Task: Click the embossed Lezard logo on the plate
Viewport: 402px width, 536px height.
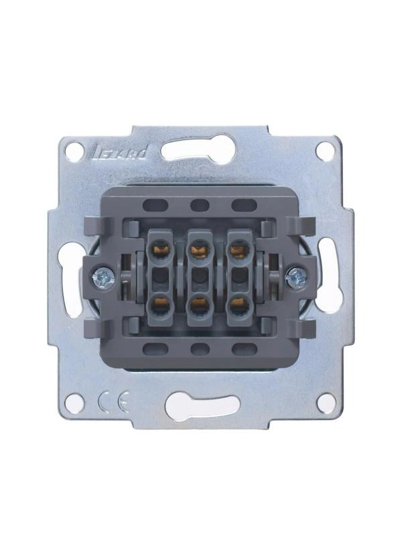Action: [x=120, y=153]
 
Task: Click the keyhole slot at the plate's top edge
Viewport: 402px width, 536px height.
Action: [x=198, y=149]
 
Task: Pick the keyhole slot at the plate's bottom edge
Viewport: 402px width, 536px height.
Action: [x=201, y=406]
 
